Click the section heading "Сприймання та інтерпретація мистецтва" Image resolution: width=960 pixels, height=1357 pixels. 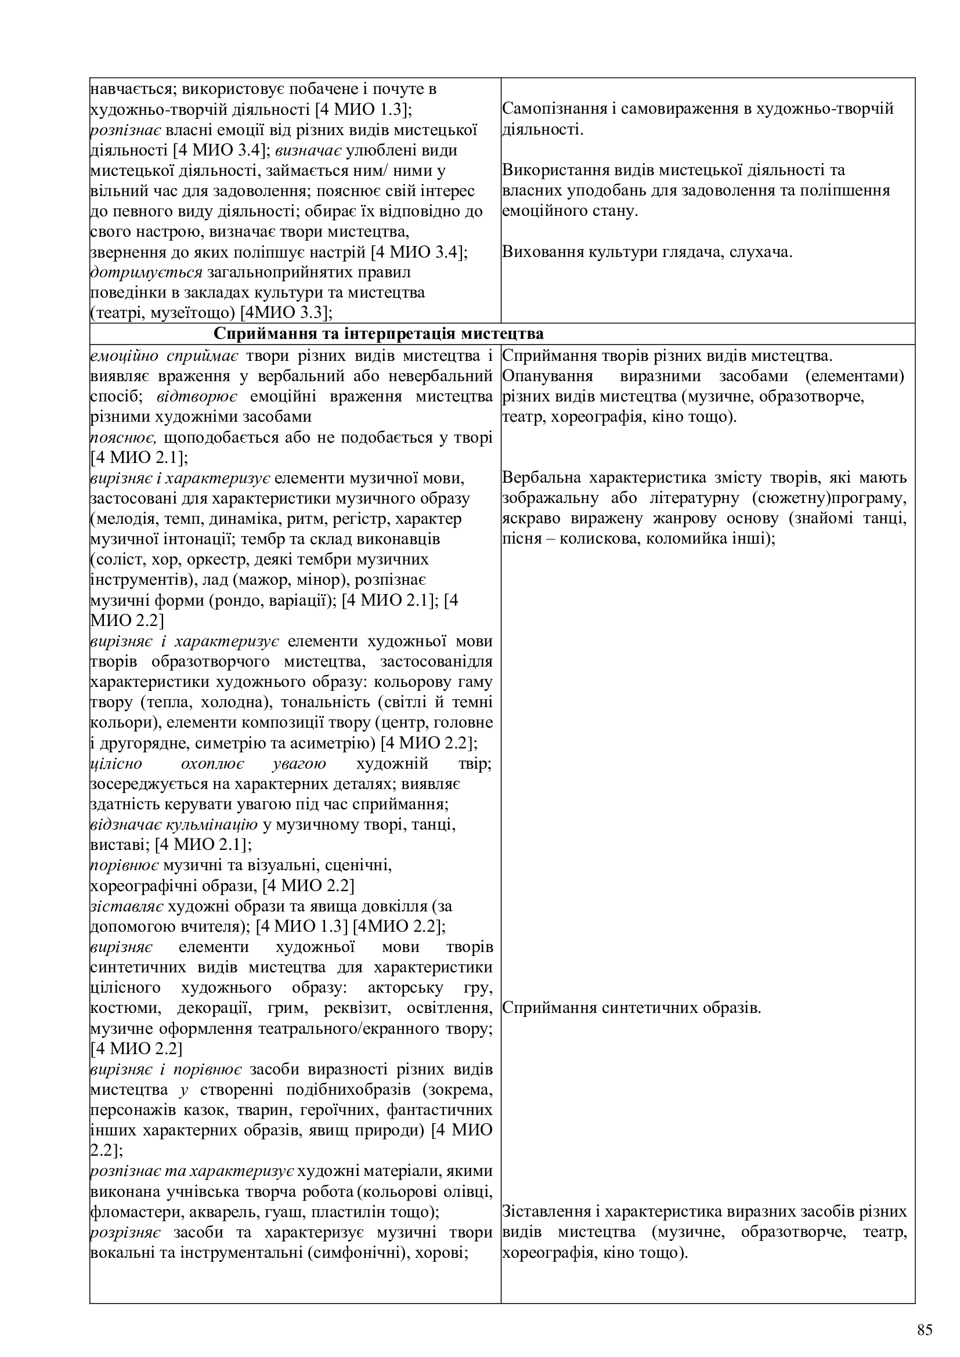378,334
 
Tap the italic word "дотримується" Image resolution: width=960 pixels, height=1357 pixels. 146,273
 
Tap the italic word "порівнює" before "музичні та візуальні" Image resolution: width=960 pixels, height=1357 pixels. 124,866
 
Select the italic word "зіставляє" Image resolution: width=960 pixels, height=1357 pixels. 127,907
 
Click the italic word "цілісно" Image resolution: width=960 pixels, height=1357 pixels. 116,763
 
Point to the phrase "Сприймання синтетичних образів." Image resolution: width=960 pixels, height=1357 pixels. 631,1008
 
